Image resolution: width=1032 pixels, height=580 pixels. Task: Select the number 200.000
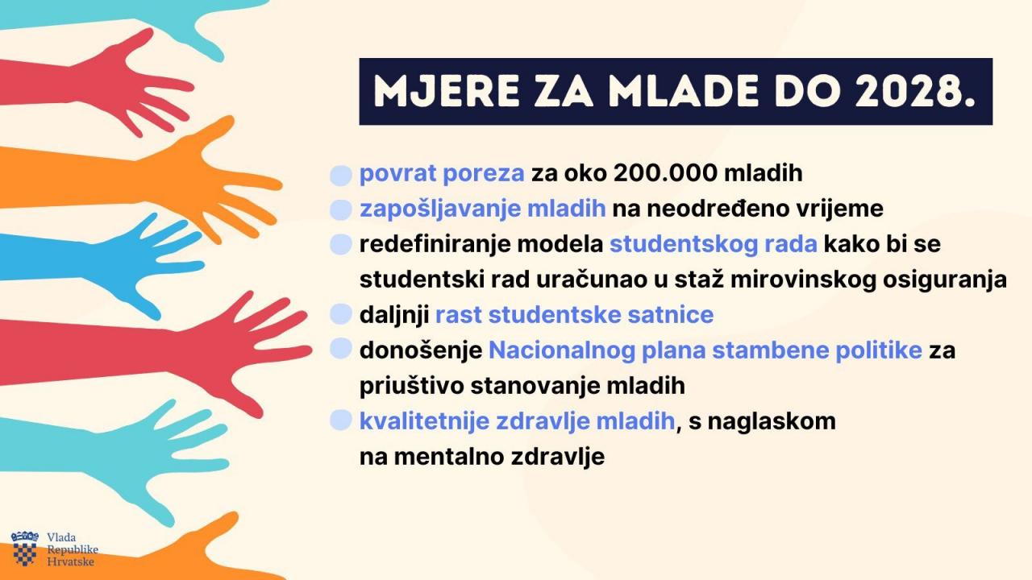coord(665,173)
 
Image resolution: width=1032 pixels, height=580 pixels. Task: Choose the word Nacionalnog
coord(562,350)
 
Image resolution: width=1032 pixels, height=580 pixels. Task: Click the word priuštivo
coord(411,386)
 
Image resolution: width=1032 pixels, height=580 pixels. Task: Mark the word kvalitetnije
coord(424,421)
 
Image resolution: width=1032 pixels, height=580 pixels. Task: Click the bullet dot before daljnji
coord(341,315)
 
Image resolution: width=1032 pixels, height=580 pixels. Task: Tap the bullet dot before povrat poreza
coord(341,175)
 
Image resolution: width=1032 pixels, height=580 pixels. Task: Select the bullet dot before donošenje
coord(341,349)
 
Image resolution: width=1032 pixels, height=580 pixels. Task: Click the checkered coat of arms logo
coord(25,549)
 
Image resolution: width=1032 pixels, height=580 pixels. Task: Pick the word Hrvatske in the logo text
coord(70,561)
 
